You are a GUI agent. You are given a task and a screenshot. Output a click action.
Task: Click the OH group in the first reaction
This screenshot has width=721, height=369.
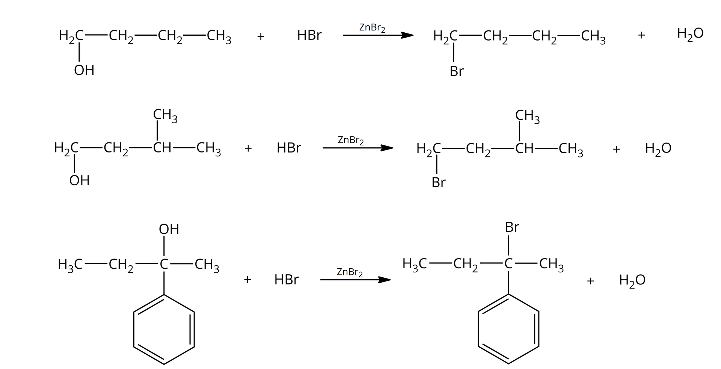coord(84,70)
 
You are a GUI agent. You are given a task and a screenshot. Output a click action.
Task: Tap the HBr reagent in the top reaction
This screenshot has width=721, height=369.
coord(309,35)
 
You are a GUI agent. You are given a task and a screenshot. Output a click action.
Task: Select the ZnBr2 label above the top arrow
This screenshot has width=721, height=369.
coord(372,28)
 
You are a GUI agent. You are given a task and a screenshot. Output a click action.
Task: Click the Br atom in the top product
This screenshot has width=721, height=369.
coord(457,71)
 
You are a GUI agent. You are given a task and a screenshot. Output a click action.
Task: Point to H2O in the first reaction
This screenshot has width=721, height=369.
coord(690,34)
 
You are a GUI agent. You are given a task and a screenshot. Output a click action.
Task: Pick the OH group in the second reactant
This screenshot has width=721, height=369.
coord(79,181)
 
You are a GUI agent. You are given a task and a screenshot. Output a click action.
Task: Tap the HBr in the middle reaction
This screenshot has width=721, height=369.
coord(288,148)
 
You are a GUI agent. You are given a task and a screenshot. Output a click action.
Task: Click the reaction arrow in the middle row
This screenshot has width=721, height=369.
coord(357,148)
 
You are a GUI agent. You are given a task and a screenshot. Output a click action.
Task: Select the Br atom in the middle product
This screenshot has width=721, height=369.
coord(438,183)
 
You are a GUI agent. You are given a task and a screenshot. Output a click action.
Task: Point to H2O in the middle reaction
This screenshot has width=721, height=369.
coord(658,149)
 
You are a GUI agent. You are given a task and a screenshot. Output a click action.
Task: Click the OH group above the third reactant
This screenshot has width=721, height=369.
coord(169,229)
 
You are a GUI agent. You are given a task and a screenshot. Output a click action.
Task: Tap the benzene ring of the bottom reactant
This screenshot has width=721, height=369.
coord(164,330)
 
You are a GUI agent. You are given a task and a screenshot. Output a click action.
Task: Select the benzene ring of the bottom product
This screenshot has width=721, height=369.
coord(508,329)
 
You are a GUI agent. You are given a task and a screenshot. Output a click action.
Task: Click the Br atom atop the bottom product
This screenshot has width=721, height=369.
coord(512,227)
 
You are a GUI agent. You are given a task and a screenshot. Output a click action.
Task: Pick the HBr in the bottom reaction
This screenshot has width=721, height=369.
coord(286,280)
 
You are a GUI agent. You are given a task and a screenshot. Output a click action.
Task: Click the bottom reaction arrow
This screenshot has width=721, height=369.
coord(355,280)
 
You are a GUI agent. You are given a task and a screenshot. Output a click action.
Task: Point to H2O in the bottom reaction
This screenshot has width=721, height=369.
coord(632,280)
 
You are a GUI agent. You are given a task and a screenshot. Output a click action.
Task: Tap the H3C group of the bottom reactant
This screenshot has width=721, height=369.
coord(70,265)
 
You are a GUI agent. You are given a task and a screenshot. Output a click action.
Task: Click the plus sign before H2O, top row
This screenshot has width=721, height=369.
coord(641,35)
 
